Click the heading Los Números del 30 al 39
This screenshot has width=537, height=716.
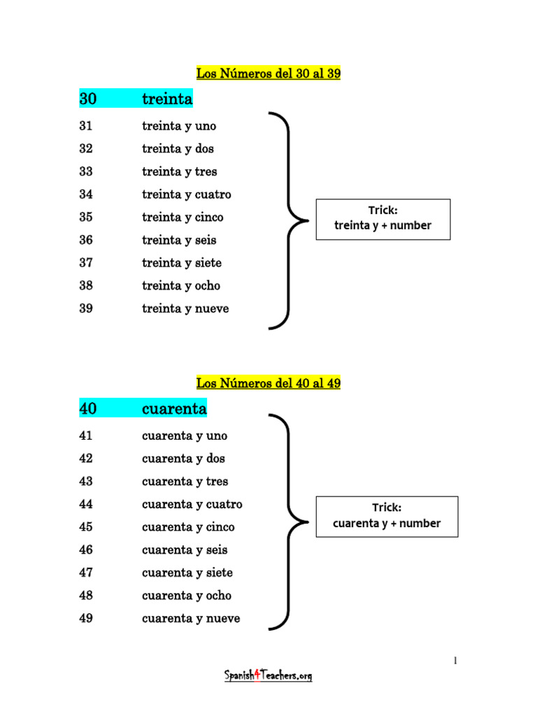click(268, 73)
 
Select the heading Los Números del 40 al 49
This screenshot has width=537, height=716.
click(268, 383)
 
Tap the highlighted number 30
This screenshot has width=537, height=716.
click(87, 99)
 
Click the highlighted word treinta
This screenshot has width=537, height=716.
click(167, 99)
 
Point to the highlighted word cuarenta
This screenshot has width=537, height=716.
click(174, 408)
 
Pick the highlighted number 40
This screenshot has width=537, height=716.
click(87, 408)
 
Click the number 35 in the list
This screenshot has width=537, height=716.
click(86, 217)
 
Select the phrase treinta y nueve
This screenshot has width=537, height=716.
click(185, 308)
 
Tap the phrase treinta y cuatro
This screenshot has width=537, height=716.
click(186, 194)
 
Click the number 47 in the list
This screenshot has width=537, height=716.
click(86, 572)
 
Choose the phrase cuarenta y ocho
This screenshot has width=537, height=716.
click(187, 596)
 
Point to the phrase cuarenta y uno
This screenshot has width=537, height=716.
click(185, 436)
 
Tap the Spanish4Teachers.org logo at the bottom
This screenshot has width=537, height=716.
click(268, 675)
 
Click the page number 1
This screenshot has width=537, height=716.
click(455, 660)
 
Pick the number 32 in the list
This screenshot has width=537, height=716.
click(86, 148)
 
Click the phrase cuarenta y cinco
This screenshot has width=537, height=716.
click(188, 527)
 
